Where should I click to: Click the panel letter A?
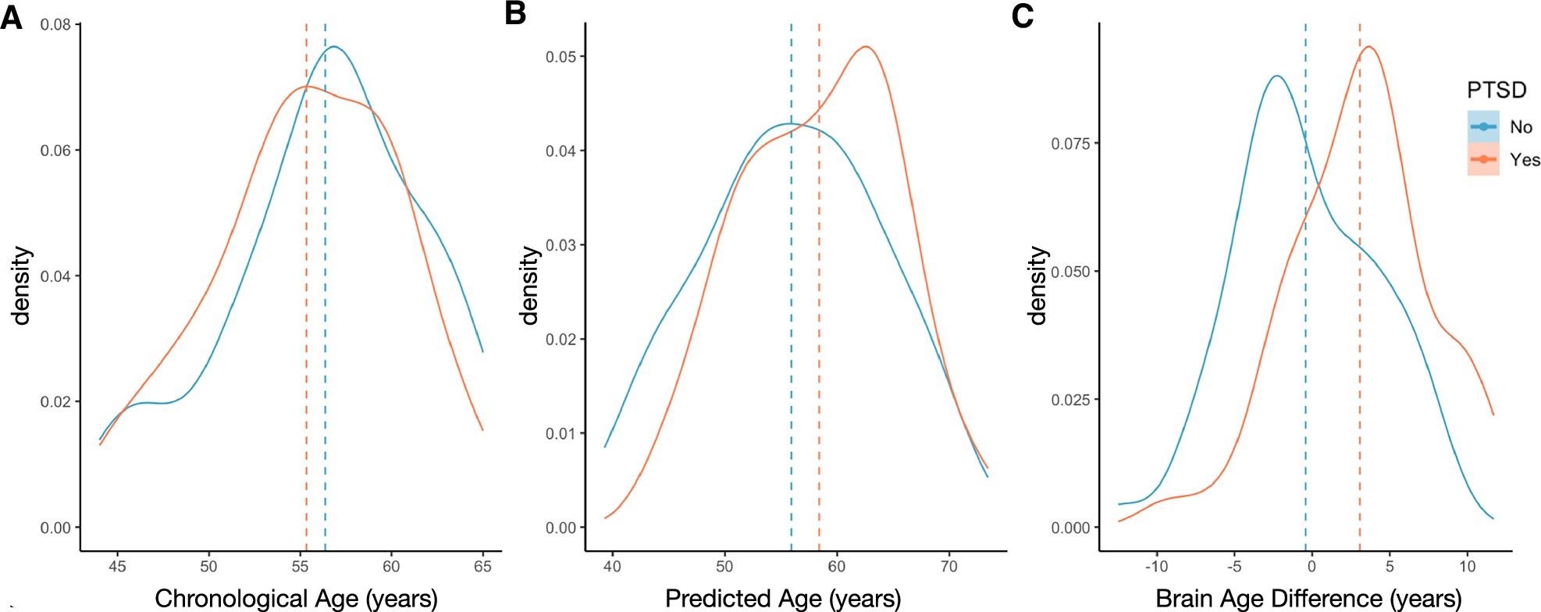click(x=11, y=16)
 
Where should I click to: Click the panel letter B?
click(x=515, y=13)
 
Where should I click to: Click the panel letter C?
click(x=1022, y=16)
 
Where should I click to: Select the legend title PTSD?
click(x=1496, y=91)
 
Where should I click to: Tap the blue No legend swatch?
click(x=1482, y=126)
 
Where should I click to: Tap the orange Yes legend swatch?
click(x=1482, y=159)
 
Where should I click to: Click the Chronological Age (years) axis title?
click(x=296, y=598)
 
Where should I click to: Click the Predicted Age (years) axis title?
click(x=783, y=598)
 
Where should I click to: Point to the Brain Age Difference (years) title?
click(x=1308, y=598)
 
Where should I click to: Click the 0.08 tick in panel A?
click(x=56, y=25)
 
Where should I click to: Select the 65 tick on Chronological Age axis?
click(x=482, y=567)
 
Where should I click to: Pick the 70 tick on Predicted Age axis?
click(x=948, y=567)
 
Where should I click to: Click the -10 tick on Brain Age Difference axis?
click(x=1156, y=567)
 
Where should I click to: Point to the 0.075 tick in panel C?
click(x=1070, y=144)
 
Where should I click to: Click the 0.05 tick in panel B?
click(x=561, y=57)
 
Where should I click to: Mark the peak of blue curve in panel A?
click(x=334, y=47)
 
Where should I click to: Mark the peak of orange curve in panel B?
click(x=866, y=47)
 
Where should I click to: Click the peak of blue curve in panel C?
click(x=1276, y=76)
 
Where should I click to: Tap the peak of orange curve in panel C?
click(x=1368, y=47)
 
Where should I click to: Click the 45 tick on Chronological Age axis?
click(x=117, y=567)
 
